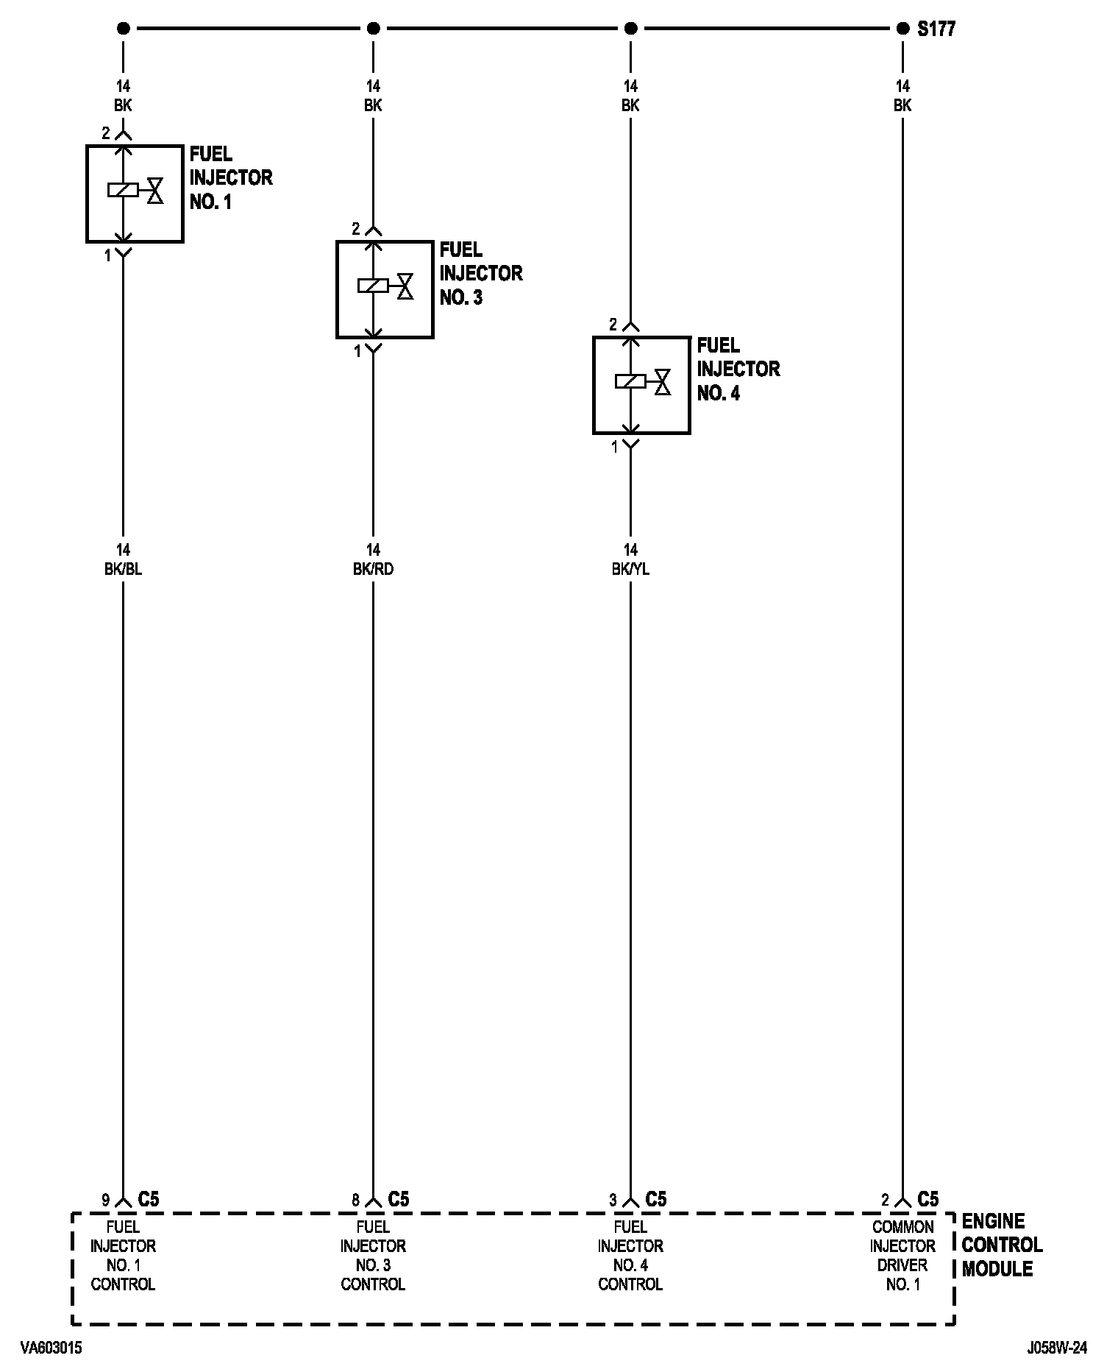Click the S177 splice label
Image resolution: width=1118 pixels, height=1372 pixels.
[936, 29]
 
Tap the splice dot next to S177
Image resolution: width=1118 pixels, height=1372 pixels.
[902, 29]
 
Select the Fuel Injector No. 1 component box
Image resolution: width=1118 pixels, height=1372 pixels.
[135, 194]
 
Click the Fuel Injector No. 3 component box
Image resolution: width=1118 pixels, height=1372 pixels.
[385, 289]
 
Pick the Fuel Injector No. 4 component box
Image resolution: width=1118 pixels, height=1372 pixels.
[641, 385]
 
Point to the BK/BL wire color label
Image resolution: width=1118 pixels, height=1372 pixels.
[123, 569]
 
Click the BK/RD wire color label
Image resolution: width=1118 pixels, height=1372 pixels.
[373, 569]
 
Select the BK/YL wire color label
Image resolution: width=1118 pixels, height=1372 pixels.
[630, 569]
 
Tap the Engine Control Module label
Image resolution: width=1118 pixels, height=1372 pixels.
[1002, 1245]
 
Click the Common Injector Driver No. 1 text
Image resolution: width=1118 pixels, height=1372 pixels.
[902, 1255]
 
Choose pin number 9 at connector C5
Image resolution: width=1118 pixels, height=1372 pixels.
[106, 1200]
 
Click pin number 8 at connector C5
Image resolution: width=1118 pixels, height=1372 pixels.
[356, 1200]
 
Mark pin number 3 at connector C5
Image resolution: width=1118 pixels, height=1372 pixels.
[613, 1200]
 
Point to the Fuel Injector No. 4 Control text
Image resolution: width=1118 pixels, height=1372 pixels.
[630, 1255]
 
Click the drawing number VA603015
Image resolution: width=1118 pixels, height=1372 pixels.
[51, 1348]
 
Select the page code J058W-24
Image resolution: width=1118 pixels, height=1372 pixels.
[1057, 1348]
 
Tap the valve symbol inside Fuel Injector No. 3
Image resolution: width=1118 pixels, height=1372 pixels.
[405, 286]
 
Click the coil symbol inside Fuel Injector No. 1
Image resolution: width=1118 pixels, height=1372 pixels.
[123, 190]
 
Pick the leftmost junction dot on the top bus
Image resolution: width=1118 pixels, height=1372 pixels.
[123, 29]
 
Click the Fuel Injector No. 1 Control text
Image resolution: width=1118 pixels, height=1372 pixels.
[123, 1255]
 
